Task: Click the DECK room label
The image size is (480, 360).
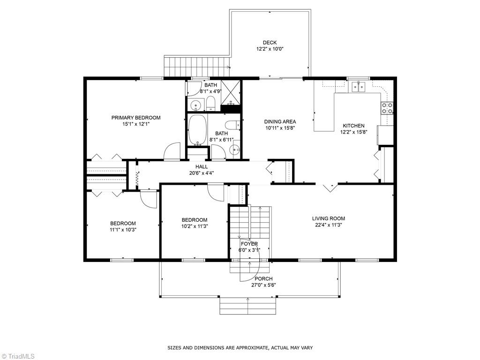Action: [270, 43]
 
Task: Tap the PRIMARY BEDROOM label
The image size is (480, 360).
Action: [136, 118]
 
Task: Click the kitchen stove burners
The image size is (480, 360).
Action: [387, 108]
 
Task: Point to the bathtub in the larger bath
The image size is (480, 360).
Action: [197, 129]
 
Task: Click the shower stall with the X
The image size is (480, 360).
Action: [231, 92]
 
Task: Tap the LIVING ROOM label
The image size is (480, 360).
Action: [329, 218]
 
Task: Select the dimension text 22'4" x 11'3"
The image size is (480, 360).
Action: [329, 225]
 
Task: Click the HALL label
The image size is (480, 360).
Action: [202, 167]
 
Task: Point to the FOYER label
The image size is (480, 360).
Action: [249, 244]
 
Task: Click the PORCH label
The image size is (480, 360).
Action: [263, 279]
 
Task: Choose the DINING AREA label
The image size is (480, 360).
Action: [280, 122]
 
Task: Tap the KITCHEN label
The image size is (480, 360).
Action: [353, 126]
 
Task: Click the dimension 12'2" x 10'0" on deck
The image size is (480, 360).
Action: [270, 49]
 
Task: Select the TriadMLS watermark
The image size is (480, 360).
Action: [18, 356]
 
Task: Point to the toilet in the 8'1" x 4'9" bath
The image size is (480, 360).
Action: [210, 104]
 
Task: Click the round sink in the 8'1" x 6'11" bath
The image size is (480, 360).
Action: [235, 150]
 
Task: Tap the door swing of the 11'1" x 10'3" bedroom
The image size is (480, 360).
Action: [148, 199]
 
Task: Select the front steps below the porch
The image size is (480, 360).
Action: [248, 306]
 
